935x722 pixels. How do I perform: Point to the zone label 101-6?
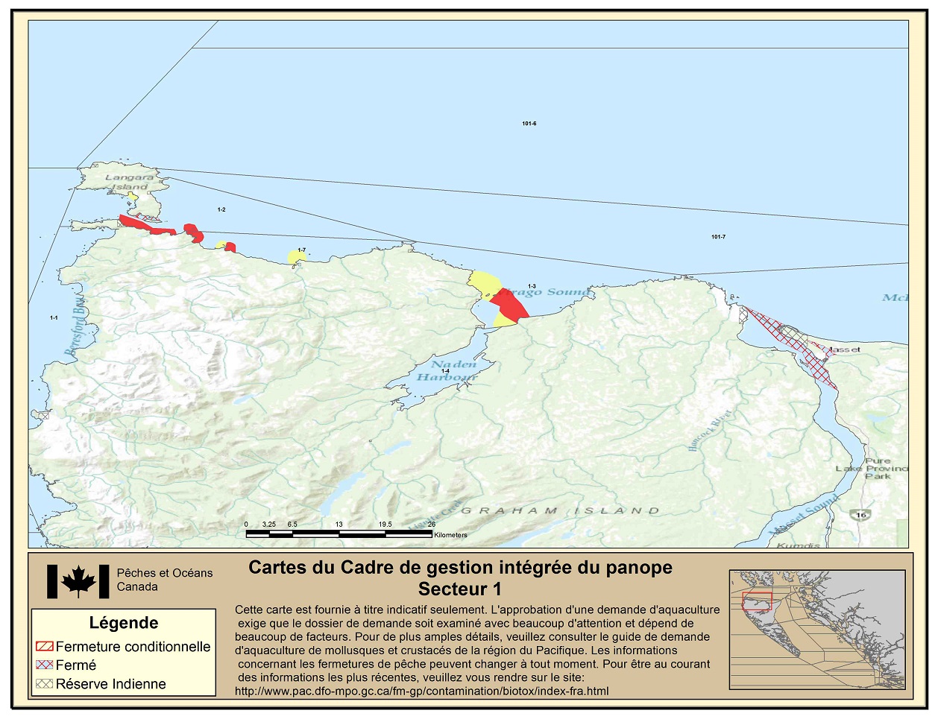tap(529, 124)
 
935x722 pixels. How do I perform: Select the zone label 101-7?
tap(718, 237)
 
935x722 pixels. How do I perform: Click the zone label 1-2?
tap(221, 210)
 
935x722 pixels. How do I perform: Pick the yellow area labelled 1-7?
tap(297, 257)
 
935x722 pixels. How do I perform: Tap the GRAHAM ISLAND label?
tap(560, 511)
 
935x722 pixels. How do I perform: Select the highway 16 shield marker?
tap(862, 514)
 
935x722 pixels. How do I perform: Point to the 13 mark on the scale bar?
tap(339, 525)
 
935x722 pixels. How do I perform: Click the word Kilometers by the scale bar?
tap(450, 535)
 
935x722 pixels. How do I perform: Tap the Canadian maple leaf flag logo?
tap(78, 581)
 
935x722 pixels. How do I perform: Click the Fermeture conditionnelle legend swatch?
tap(44, 647)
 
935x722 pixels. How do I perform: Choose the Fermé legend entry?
tap(75, 665)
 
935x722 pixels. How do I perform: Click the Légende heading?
tap(124, 623)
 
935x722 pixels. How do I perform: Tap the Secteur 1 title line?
tap(459, 589)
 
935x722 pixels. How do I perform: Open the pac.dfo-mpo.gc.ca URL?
tap(421, 691)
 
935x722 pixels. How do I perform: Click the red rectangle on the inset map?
tap(756, 601)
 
